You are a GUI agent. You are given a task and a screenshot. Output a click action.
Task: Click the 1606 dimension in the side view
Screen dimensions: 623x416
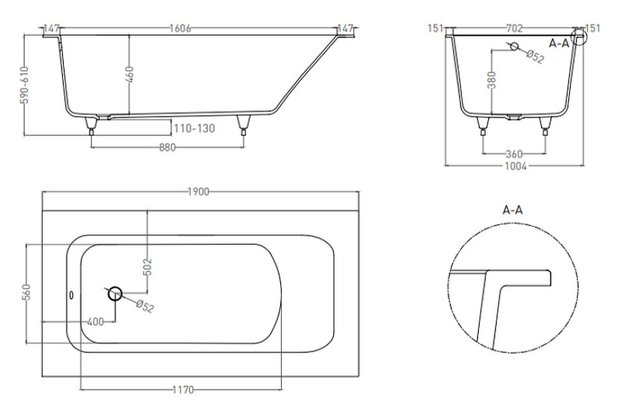pyautogui.click(x=180, y=29)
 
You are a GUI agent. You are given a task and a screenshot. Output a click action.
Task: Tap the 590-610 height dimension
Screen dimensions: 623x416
pyautogui.click(x=25, y=85)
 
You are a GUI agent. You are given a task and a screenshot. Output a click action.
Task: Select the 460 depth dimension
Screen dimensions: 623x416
pyautogui.click(x=129, y=75)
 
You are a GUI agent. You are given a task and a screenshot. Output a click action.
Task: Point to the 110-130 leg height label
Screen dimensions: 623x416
pyautogui.click(x=194, y=128)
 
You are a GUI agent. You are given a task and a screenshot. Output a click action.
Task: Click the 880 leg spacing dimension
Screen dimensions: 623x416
pyautogui.click(x=167, y=148)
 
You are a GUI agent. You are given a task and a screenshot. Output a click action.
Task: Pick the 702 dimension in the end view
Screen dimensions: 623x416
pyautogui.click(x=514, y=28)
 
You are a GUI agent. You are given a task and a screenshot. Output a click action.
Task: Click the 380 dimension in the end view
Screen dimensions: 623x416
pyautogui.click(x=492, y=80)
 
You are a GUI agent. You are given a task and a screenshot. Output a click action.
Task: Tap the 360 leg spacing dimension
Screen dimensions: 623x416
pyautogui.click(x=514, y=154)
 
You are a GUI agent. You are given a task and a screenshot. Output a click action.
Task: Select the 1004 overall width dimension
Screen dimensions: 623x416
pyautogui.click(x=516, y=166)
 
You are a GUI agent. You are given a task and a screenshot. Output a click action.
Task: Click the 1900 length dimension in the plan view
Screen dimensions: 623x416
pyautogui.click(x=199, y=192)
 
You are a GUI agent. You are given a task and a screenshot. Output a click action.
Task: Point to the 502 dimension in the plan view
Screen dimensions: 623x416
pyautogui.click(x=147, y=267)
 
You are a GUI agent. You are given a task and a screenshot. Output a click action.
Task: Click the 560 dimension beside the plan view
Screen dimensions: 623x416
pyautogui.click(x=26, y=292)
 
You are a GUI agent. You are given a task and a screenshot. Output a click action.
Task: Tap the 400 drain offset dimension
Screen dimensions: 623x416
pyautogui.click(x=95, y=322)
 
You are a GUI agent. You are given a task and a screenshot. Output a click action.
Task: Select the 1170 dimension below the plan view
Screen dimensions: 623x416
pyautogui.click(x=183, y=390)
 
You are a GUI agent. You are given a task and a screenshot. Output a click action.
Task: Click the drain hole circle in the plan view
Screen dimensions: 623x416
pyautogui.click(x=115, y=293)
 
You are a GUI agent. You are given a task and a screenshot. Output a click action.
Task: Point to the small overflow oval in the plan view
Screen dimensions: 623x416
pyautogui.click(x=72, y=295)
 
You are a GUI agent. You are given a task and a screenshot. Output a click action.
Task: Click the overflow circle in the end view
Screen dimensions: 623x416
pyautogui.click(x=514, y=47)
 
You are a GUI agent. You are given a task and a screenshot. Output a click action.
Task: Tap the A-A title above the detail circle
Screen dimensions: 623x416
pyautogui.click(x=512, y=209)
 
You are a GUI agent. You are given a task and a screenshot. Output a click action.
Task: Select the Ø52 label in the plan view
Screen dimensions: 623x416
pyautogui.click(x=145, y=306)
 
